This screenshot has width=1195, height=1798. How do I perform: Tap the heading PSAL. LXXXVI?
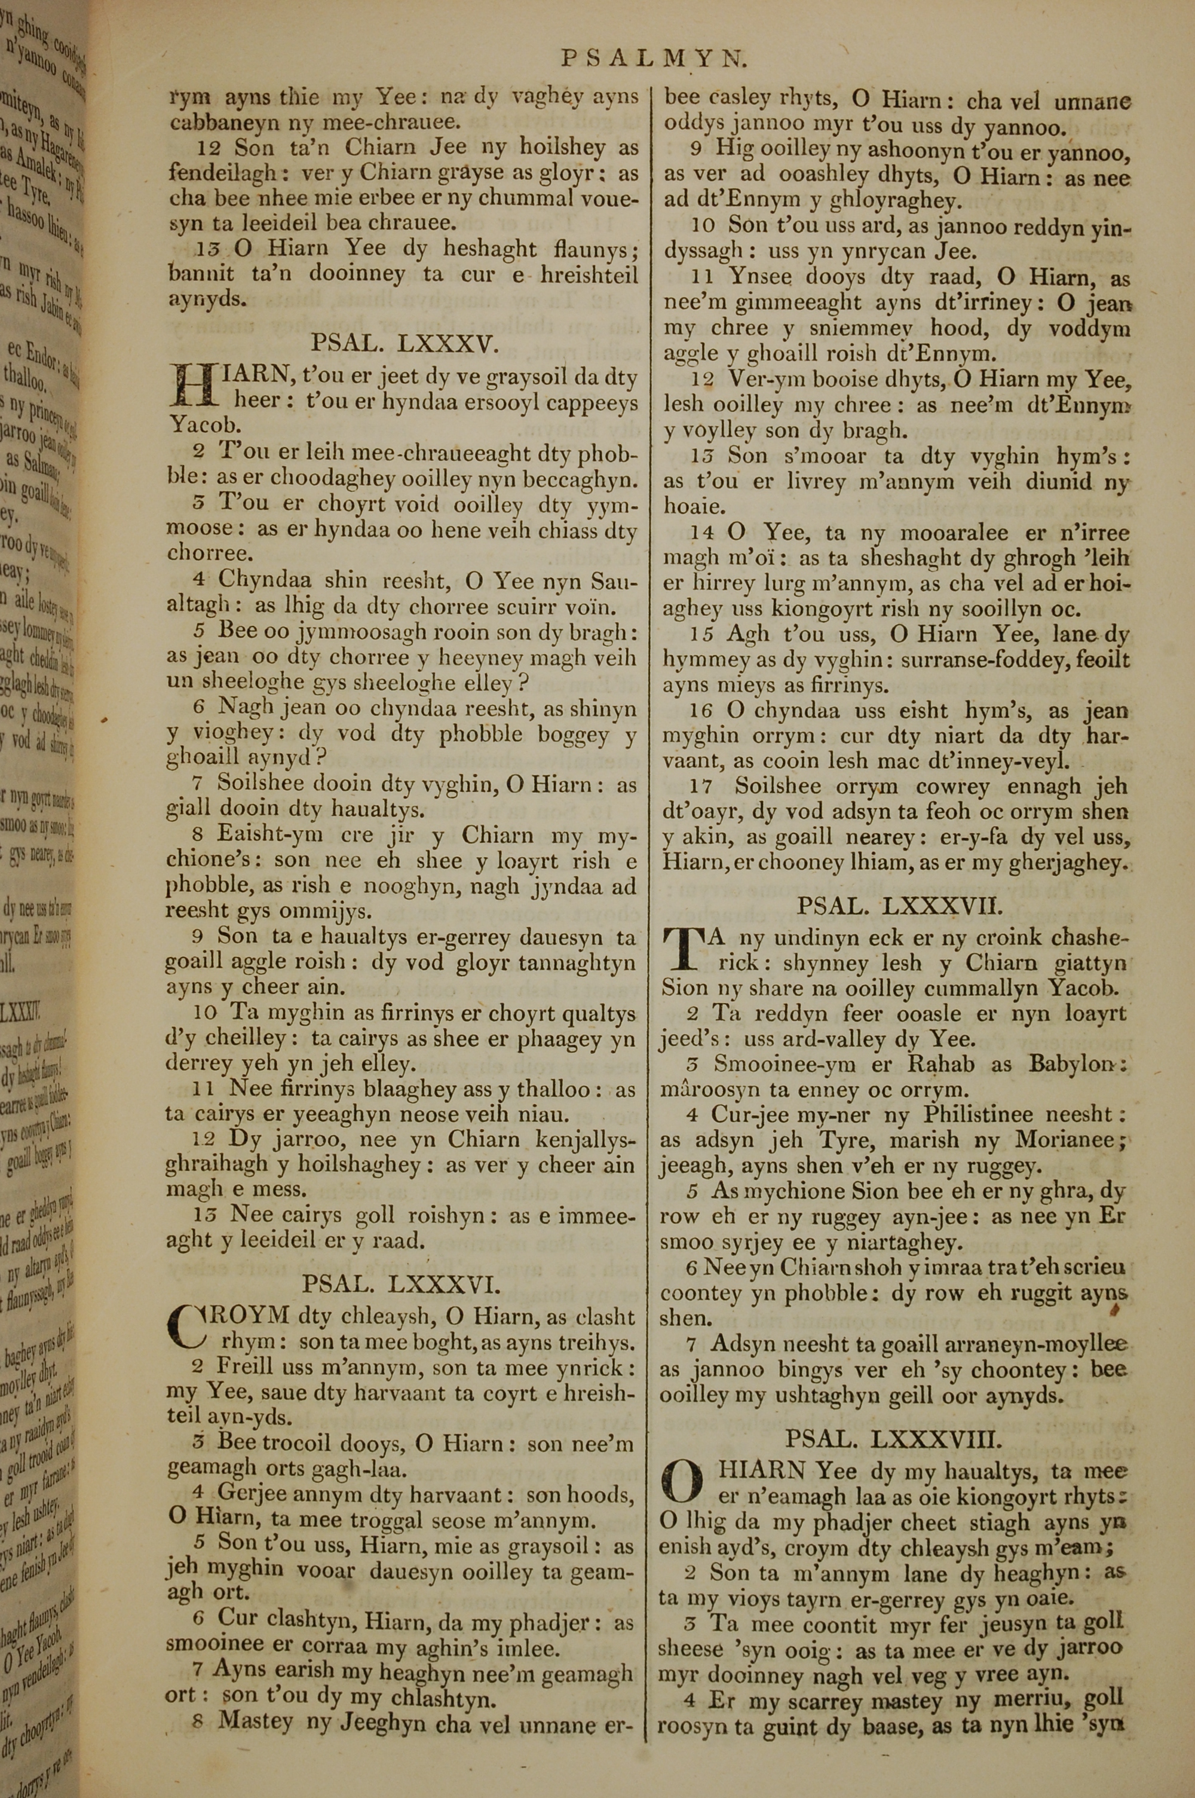[x=401, y=1286]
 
